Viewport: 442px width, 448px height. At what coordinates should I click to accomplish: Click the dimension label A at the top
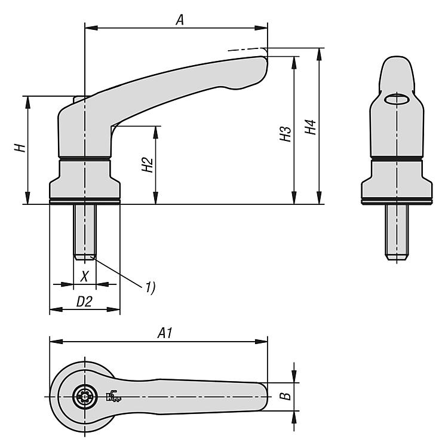coord(180,20)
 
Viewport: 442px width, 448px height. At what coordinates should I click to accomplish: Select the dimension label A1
coord(165,333)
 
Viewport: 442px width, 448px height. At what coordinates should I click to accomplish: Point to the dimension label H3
coord(285,134)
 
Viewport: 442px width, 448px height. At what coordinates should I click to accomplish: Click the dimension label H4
coord(310,127)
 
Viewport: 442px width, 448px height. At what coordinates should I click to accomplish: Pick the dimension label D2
coord(84,302)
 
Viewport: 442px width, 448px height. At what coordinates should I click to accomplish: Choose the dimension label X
coord(84,277)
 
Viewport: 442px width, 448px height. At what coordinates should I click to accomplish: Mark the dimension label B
coord(285,396)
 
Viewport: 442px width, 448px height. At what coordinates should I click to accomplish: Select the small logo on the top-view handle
coord(113,395)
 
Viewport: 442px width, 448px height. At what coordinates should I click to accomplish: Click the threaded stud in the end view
coord(396,232)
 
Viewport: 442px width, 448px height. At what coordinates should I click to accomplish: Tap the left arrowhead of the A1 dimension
coord(56,342)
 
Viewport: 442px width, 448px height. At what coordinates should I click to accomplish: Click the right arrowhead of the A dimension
coord(261,27)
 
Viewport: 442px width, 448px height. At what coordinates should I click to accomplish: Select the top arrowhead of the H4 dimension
coord(319,54)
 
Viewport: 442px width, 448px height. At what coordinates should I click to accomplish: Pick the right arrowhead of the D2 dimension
coord(113,309)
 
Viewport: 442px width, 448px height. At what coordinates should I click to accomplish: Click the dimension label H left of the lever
coord(20,148)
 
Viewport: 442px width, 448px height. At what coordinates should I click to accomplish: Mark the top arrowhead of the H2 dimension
coord(156,133)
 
